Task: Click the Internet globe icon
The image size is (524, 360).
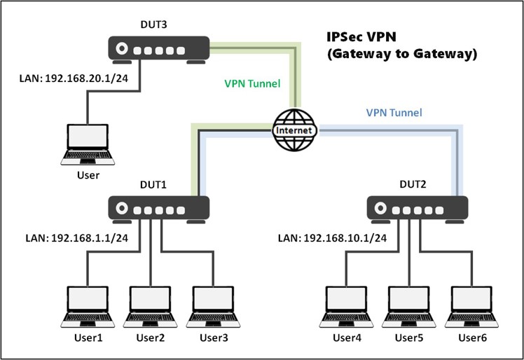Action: coord(294,130)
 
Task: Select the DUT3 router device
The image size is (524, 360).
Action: coord(158,50)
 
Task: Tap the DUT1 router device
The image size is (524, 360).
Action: coord(158,208)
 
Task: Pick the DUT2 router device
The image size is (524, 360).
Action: coord(418,208)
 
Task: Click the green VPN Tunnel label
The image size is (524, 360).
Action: coord(252,84)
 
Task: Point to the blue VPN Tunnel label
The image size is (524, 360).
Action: coord(394,112)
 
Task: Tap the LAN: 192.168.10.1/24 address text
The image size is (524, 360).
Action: coord(332,238)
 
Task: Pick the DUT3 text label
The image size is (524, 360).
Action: coord(154,25)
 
